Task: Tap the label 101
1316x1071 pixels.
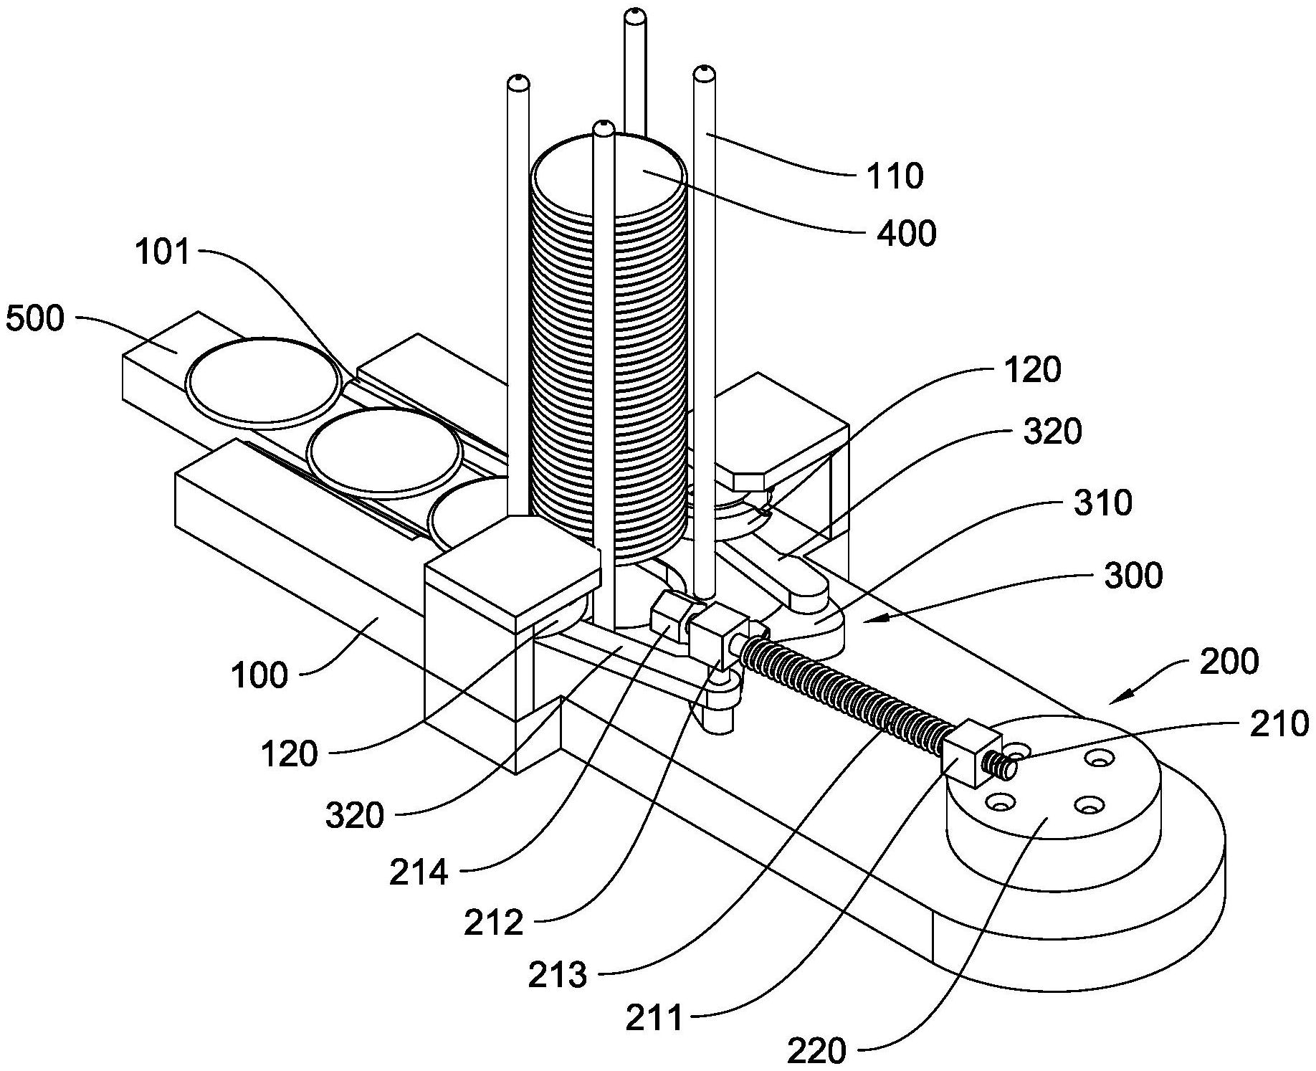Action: pyautogui.click(x=163, y=252)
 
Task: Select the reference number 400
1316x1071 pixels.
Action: pyautogui.click(x=907, y=234)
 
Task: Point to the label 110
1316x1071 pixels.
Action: pyautogui.click(x=895, y=175)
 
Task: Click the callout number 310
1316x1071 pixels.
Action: pyautogui.click(x=1103, y=503)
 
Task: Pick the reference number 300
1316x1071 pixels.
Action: pyautogui.click(x=1133, y=576)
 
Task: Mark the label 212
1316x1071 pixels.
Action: pyautogui.click(x=493, y=923)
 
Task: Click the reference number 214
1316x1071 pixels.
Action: pyautogui.click(x=419, y=872)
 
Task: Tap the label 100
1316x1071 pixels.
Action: pyautogui.click(x=259, y=675)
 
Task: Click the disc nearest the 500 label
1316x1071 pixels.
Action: pyautogui.click(x=263, y=379)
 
